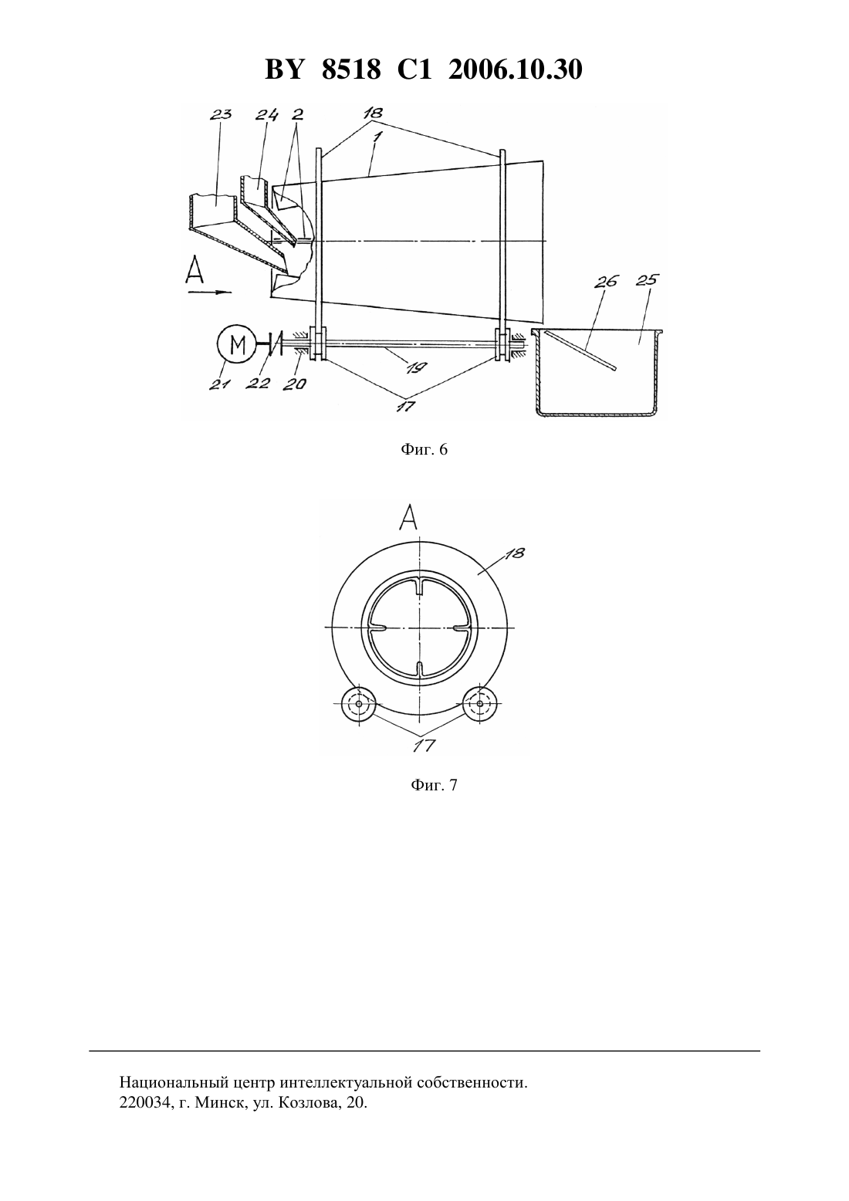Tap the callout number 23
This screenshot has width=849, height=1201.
coord(220,115)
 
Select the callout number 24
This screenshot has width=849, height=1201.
coord(266,115)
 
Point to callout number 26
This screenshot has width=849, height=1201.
coord(607,282)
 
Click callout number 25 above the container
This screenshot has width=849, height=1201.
coord(646,280)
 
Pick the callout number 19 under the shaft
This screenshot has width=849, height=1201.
coord(417,367)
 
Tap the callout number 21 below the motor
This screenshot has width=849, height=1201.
coord(220,384)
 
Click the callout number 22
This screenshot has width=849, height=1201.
coord(257,384)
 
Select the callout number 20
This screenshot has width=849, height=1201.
coord(294,384)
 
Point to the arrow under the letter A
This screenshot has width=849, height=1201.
coord(210,293)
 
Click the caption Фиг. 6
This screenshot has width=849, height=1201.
coord(424,449)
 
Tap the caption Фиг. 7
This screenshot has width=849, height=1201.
coord(434,786)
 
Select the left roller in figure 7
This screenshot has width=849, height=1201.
coord(358,703)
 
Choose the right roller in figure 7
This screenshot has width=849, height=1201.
coord(480,703)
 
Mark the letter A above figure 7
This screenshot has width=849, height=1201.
coord(408,517)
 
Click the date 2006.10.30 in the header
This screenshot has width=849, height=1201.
coord(515,70)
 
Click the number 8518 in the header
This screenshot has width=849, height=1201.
coord(351,70)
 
